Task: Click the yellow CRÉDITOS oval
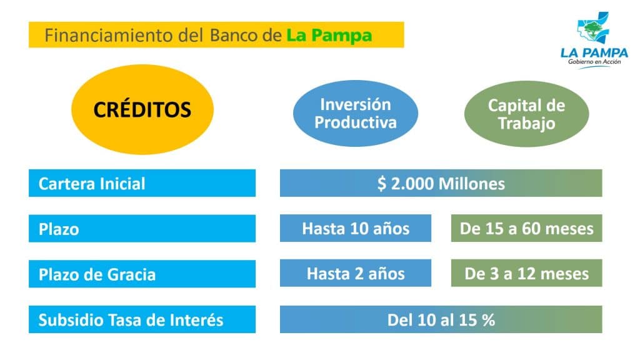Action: (142, 109)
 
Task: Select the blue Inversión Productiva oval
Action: (356, 114)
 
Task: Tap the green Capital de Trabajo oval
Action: (526, 114)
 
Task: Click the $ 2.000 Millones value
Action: (441, 183)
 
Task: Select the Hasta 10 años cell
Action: (356, 228)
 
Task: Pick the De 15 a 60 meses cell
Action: (526, 228)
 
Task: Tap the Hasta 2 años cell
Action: (356, 273)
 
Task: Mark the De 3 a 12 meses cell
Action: (526, 273)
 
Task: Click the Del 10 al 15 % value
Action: (441, 319)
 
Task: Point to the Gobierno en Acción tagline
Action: (594, 62)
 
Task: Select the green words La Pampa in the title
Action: (329, 36)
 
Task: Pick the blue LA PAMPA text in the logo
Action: (594, 52)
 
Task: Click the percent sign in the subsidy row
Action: (488, 320)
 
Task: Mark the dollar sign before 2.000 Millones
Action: (382, 184)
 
